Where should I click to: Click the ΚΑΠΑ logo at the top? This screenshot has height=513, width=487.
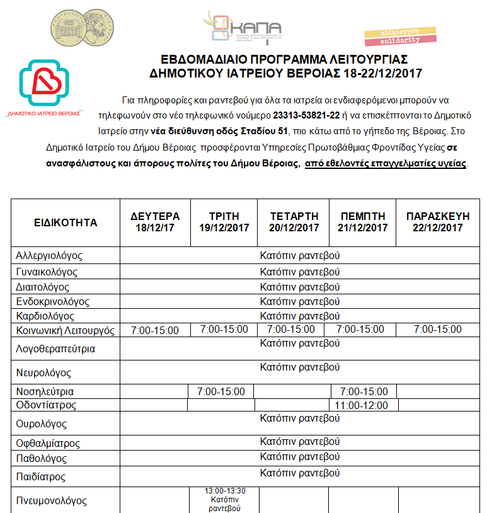(x=243, y=27)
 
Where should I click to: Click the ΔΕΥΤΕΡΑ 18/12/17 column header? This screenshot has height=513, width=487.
(x=155, y=222)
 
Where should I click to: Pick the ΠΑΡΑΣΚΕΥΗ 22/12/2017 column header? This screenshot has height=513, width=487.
(x=438, y=222)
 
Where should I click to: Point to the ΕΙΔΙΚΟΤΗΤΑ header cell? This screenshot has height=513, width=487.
(x=66, y=222)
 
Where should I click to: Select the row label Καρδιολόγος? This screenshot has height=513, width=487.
(x=45, y=316)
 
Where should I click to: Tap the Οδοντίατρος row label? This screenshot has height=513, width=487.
(x=46, y=405)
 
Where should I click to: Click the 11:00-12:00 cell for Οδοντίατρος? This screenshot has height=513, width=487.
(x=362, y=405)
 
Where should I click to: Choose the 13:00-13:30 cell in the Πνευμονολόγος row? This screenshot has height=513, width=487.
(x=225, y=491)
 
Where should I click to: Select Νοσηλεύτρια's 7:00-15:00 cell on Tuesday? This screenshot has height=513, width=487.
(x=221, y=392)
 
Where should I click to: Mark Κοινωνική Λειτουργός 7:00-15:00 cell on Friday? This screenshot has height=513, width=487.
(x=438, y=330)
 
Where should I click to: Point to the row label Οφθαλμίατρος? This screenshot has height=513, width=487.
(x=48, y=443)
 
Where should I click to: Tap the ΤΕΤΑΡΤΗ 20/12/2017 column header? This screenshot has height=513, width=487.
(x=294, y=222)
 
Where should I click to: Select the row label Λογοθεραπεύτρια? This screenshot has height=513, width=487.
(x=55, y=349)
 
